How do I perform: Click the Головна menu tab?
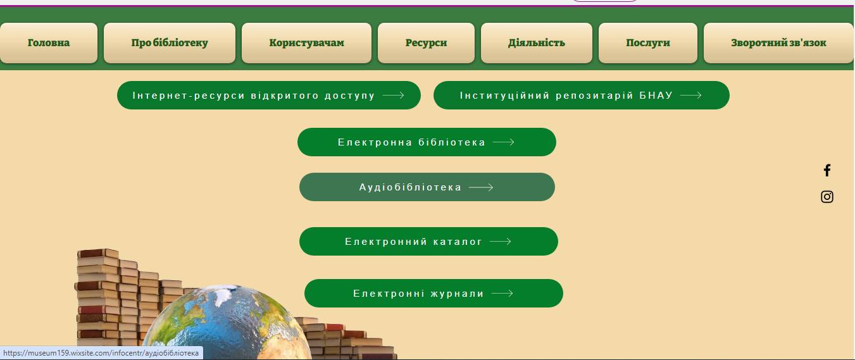coord(49,43)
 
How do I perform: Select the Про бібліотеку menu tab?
coord(170,43)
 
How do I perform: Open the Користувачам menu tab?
coord(306,43)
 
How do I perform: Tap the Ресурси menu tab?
coord(426,43)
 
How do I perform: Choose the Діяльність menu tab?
coord(536,43)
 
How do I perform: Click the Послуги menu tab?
coord(648,43)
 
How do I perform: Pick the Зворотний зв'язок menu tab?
coord(778,43)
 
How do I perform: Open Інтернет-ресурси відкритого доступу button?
coord(269,95)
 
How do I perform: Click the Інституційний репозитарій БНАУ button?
coord(582,95)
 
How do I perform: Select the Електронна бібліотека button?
coord(427,142)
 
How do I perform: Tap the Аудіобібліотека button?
coord(427,187)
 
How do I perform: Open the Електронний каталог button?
coord(428,241)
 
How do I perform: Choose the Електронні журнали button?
coord(434,293)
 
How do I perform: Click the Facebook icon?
coord(827,170)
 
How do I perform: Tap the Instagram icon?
coord(827,197)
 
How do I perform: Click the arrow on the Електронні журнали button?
coord(502,293)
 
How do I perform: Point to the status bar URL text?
coord(101,353)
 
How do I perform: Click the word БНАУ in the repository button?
coord(656,95)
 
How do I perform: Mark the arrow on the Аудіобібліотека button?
coord(481,187)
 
